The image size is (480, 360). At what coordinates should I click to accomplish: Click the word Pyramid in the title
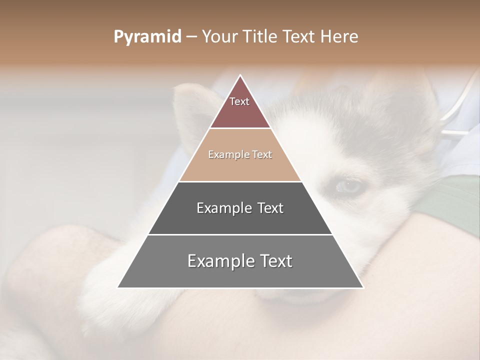tap(147, 37)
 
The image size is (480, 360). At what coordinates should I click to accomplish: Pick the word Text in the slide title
tap(299, 37)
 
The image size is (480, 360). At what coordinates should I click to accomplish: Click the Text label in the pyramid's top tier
tap(239, 101)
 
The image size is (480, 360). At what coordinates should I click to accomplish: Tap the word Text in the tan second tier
tap(262, 154)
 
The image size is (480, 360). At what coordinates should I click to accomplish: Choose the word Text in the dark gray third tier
tap(270, 208)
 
